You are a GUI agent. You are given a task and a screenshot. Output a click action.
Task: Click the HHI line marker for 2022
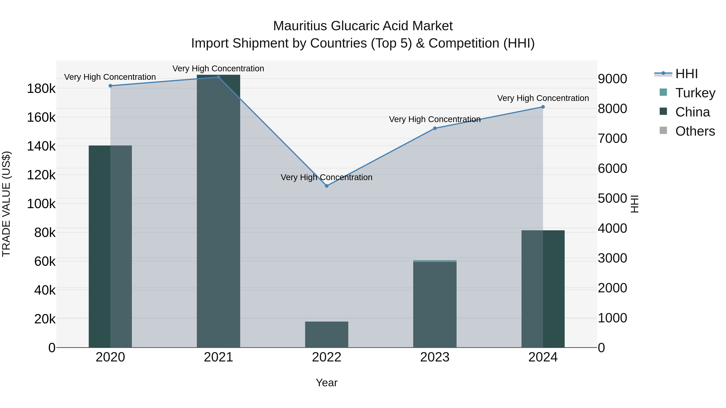tap(327, 186)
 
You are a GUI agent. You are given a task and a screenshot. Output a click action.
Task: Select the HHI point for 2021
tap(218, 77)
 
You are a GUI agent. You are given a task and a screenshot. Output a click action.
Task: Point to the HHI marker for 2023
tap(435, 128)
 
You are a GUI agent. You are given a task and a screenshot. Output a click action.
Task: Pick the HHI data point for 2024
tap(543, 107)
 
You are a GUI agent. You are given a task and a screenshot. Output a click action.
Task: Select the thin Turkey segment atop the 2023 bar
tap(435, 261)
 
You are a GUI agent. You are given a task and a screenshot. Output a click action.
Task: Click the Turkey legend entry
tap(695, 93)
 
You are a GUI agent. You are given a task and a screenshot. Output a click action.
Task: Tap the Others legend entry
tap(695, 131)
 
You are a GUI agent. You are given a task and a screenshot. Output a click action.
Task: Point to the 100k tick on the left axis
tap(41, 203)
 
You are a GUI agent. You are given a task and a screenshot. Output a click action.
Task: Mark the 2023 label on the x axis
tap(435, 357)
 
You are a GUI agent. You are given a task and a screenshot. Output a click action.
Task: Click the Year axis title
tap(327, 383)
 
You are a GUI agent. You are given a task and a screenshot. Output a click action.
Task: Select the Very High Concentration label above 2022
tap(327, 177)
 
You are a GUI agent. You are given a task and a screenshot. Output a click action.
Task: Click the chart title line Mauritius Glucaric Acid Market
tap(363, 26)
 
